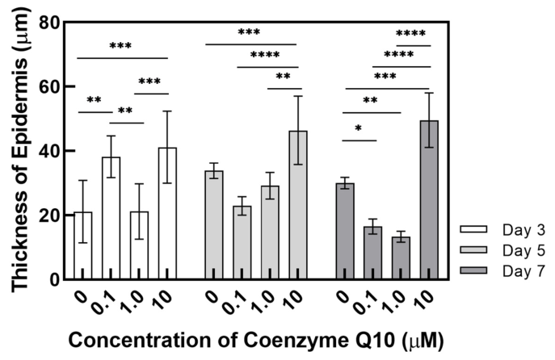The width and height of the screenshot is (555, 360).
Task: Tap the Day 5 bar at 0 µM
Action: click(x=214, y=225)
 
